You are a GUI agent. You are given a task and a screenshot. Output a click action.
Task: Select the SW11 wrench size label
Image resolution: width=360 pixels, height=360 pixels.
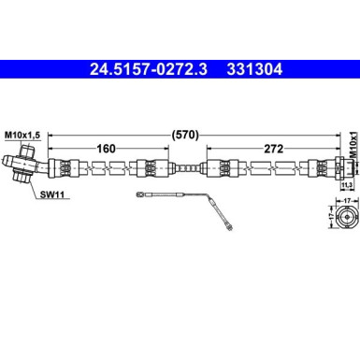pos(53,196)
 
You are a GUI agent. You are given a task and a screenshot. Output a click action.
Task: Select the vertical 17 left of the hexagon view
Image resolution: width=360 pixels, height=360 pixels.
pos(329,217)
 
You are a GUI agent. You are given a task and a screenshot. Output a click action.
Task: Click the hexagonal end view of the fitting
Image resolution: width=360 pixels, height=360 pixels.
pos(347,217)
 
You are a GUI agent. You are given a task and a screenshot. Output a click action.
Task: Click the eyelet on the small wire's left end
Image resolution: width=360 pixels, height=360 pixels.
pos(140,194)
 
